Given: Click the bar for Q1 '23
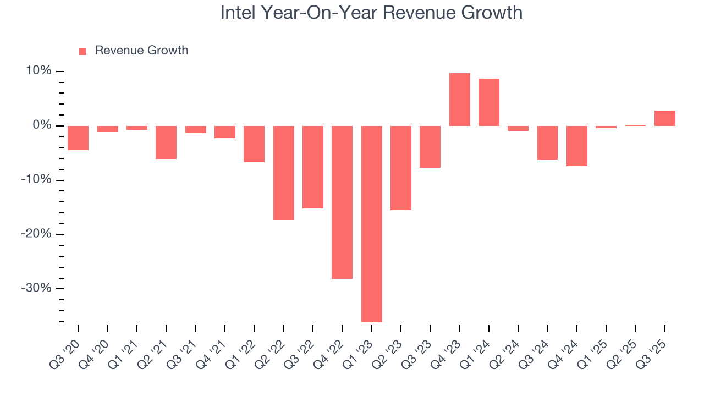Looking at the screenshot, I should [372, 224].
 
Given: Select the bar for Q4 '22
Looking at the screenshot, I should [342, 202].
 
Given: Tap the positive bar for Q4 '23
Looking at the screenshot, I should [460, 100].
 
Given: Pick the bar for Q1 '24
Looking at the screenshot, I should [489, 102].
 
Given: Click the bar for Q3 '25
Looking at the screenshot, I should [665, 118].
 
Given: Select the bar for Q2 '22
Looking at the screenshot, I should [284, 173].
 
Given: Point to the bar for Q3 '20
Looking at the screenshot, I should [78, 138].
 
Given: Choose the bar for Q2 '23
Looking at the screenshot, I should [401, 168].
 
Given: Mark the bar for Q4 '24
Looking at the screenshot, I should [577, 146].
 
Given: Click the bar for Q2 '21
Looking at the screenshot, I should [166, 142].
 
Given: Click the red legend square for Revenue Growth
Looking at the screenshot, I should [82, 51].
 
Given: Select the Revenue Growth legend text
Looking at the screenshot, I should [141, 51].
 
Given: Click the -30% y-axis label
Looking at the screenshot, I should [37, 289].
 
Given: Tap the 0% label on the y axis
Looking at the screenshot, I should [42, 125].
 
